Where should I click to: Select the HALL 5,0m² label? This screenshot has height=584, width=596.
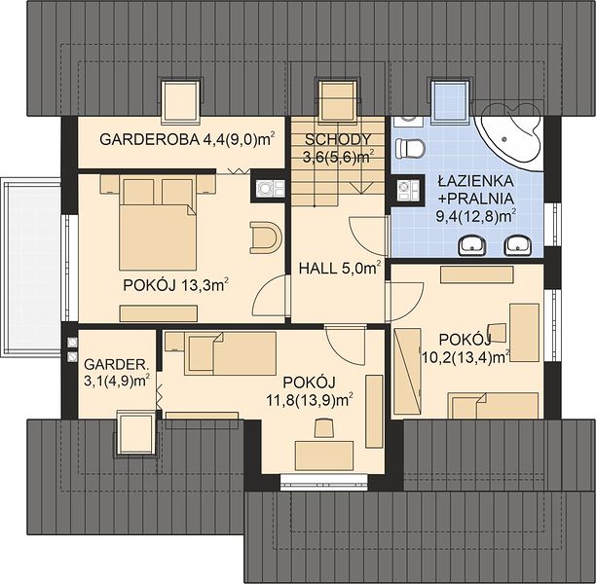pyautogui.click(x=340, y=269)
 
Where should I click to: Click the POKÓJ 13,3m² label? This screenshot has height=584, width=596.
pyautogui.click(x=175, y=285)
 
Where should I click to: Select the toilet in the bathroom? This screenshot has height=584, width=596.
pyautogui.click(x=410, y=148)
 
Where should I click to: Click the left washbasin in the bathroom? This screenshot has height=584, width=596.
pyautogui.click(x=472, y=245)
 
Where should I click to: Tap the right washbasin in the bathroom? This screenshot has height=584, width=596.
pyautogui.click(x=517, y=245)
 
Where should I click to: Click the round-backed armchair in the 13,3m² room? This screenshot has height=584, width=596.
pyautogui.click(x=266, y=237)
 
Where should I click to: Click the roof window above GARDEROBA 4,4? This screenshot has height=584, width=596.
pyautogui.click(x=181, y=102)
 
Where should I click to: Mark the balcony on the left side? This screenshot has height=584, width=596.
pyautogui.click(x=30, y=267)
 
